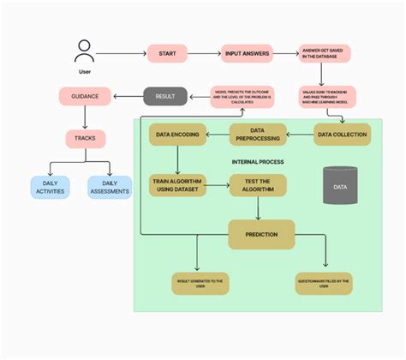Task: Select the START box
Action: point(166,53)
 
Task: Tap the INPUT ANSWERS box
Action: point(247,53)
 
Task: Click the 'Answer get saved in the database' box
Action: point(323,54)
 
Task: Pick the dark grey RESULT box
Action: point(165,96)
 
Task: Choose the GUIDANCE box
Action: point(85,96)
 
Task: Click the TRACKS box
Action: point(85,138)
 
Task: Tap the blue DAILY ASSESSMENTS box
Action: point(110,187)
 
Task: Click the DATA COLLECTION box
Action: point(342,134)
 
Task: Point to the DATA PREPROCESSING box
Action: point(258,134)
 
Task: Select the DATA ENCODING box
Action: point(177,134)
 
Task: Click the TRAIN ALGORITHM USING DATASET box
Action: point(177,185)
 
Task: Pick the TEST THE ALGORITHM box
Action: point(258,185)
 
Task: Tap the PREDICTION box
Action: point(261,233)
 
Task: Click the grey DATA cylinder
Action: point(340,185)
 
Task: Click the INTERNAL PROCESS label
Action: point(258,161)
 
